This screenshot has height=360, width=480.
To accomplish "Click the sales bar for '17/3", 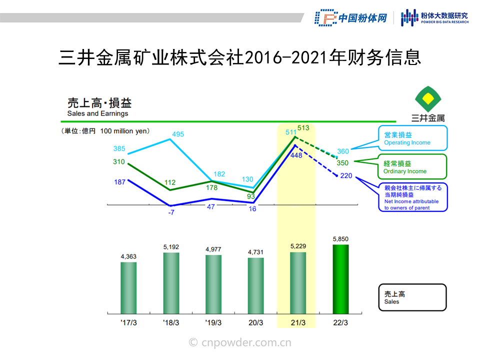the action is (128, 288).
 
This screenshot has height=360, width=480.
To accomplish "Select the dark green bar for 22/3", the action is (340, 279).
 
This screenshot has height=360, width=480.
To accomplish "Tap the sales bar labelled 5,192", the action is (171, 283).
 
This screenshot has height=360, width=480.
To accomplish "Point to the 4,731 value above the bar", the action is (255, 252).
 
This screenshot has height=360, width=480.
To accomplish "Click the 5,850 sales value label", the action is (340, 239).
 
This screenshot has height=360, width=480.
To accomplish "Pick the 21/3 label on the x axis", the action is (298, 322).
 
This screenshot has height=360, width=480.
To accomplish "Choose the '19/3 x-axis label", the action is (213, 322).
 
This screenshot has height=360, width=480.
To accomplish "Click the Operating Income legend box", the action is (412, 138).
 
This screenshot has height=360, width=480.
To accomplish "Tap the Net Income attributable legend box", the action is (413, 197).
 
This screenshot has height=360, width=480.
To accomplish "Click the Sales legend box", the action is (412, 297).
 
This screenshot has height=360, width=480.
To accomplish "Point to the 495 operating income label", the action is (178, 134).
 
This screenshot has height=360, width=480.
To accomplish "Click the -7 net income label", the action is (171, 212).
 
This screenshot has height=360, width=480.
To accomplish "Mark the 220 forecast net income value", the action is (346, 175).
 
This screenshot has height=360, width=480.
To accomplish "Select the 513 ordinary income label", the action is (303, 128).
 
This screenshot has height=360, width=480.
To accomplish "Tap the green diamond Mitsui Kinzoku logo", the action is (428, 99).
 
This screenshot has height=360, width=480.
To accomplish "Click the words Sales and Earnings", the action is (97, 113).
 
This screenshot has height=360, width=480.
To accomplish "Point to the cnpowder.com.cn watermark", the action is (240, 342).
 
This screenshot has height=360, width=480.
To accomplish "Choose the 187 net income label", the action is (119, 182).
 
